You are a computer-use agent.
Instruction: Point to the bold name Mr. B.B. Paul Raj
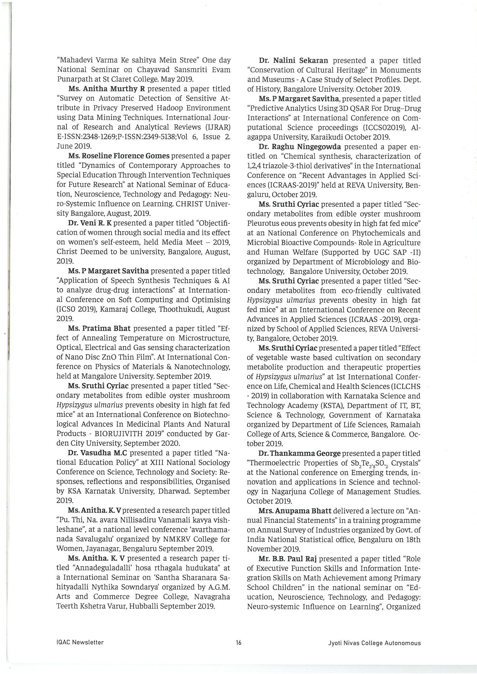289,558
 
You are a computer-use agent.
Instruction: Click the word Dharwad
177,491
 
